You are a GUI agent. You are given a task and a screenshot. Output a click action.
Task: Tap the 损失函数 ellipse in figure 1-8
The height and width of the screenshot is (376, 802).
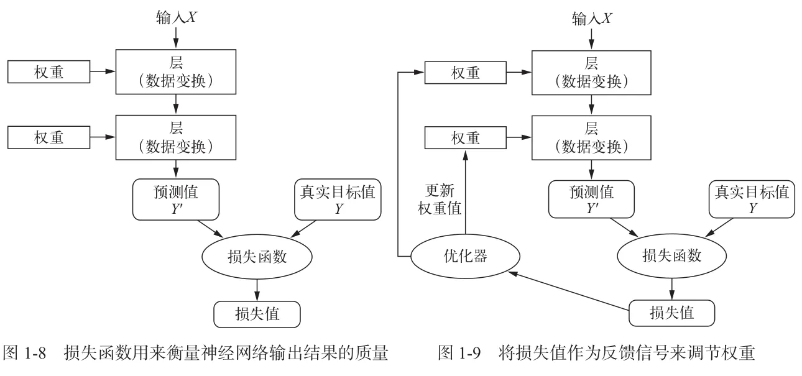[257, 256]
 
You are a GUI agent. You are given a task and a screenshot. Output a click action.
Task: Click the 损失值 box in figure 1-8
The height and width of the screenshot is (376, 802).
[257, 313]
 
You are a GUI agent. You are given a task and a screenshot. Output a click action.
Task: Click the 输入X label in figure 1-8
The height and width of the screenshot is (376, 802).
[176, 19]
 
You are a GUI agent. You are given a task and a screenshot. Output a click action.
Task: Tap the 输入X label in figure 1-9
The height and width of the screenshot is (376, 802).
[591, 19]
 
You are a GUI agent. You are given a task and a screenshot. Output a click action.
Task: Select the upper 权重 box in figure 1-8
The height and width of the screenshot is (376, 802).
[48, 73]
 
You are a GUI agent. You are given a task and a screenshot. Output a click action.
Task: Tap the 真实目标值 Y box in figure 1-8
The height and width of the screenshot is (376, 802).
[336, 199]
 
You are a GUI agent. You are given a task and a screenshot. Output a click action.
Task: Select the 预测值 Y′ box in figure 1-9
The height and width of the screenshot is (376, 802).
[591, 199]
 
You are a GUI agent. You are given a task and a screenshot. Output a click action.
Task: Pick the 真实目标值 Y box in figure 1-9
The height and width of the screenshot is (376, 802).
[752, 199]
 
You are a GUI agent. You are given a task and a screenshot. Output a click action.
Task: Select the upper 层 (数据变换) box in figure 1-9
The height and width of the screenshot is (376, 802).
[591, 73]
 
